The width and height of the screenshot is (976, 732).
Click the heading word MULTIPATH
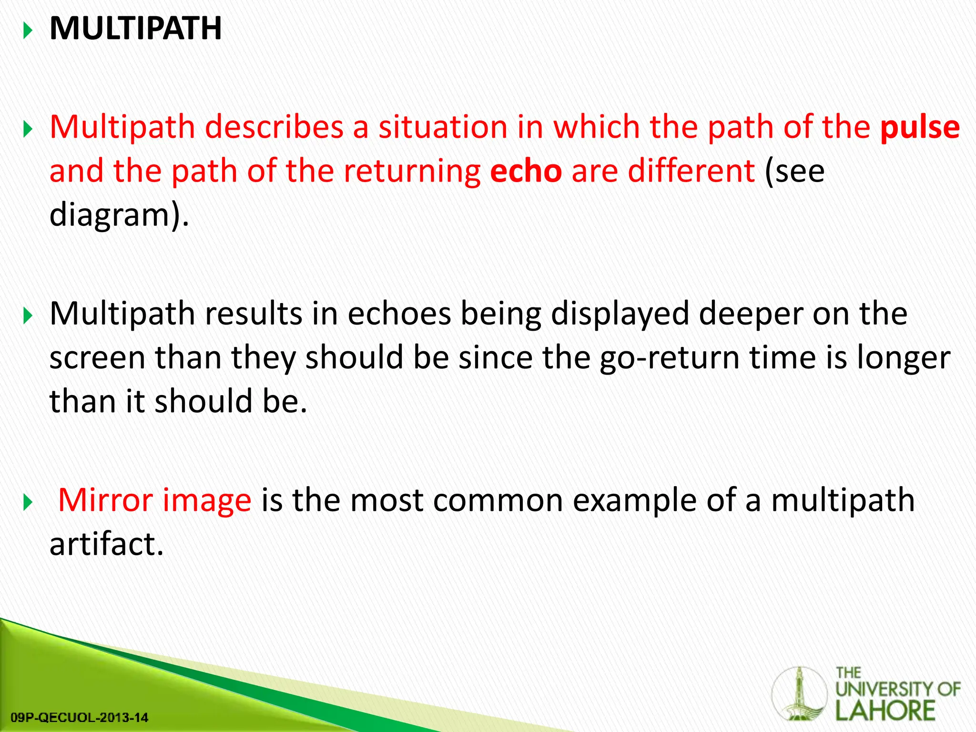pyautogui.click(x=135, y=29)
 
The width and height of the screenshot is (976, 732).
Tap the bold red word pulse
pyautogui.click(x=920, y=128)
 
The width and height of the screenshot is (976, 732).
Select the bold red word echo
pyautogui.click(x=526, y=172)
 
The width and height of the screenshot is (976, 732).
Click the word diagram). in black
pyautogui.click(x=119, y=215)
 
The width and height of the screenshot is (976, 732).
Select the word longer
pyautogui.click(x=904, y=358)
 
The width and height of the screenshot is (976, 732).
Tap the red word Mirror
pyautogui.click(x=105, y=500)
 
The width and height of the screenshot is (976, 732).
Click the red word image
pyautogui.click(x=207, y=501)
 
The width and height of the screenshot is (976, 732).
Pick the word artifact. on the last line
pyautogui.click(x=106, y=544)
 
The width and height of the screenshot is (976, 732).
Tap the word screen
pyautogui.click(x=97, y=358)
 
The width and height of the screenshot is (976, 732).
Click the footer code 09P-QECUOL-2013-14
pyautogui.click(x=79, y=717)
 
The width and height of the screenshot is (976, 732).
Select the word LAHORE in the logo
pyautogui.click(x=885, y=711)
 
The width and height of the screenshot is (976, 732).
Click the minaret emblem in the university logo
pyautogui.click(x=799, y=694)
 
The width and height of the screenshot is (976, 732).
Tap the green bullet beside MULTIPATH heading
pyautogui.click(x=28, y=31)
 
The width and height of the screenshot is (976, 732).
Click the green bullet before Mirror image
pyautogui.click(x=28, y=502)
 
